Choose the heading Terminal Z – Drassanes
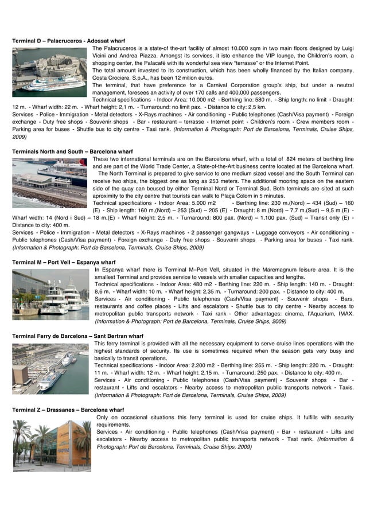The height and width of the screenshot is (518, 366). (68, 410)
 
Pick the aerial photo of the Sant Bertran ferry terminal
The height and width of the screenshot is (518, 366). (50, 369)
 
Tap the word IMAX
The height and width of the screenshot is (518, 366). (344, 314)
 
